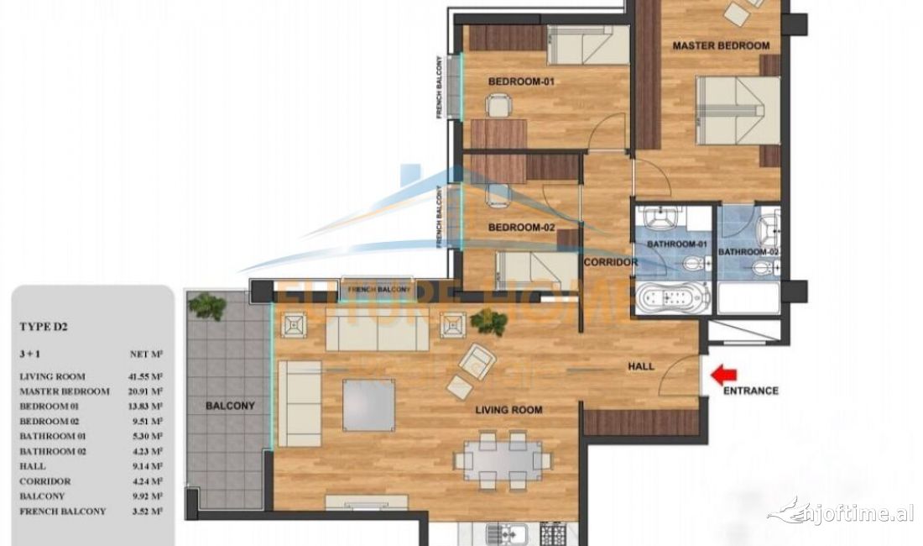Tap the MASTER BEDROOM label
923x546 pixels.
[x=721, y=45]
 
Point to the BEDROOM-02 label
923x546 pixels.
[x=522, y=227]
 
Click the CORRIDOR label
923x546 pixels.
[x=611, y=262]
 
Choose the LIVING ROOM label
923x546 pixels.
[x=508, y=410]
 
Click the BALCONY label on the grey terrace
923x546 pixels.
[x=230, y=406]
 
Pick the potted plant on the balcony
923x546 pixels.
[x=206, y=306]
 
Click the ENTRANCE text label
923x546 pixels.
[x=750, y=391]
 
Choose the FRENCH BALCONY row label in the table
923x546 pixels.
[x=63, y=511]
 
